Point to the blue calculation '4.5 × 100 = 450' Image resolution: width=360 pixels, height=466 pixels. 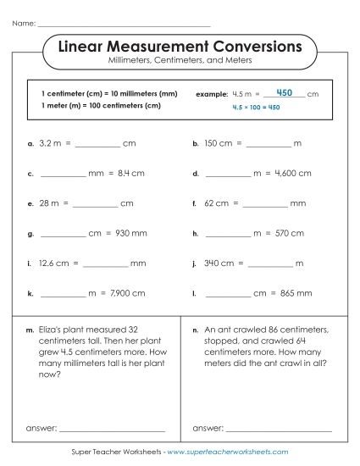(x=256, y=108)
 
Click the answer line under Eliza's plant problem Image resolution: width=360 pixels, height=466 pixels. (x=111, y=429)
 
